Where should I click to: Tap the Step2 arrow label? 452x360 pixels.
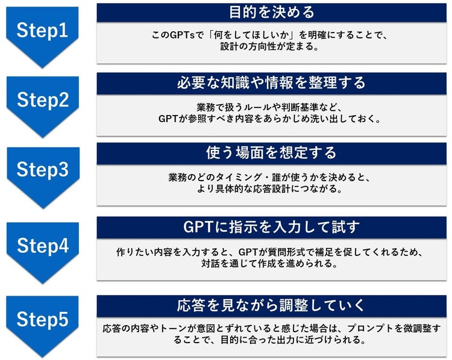(x=42, y=100)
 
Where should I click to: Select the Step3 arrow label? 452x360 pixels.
(x=42, y=171)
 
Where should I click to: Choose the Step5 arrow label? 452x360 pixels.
(x=42, y=319)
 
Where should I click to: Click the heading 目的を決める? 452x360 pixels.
(x=272, y=12)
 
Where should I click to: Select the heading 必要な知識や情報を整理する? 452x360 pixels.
(x=272, y=82)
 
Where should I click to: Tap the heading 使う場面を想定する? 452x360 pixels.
(x=272, y=153)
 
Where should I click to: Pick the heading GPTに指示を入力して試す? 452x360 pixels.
(x=272, y=228)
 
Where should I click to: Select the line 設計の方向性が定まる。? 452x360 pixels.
(x=272, y=47)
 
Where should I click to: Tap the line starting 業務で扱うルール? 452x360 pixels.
(x=272, y=107)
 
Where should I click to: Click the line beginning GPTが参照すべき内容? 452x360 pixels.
(x=272, y=119)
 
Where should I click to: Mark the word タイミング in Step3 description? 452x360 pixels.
(x=245, y=178)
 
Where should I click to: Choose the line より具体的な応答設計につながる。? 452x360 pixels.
(x=272, y=190)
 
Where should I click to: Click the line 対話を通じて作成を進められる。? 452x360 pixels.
(x=272, y=264)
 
